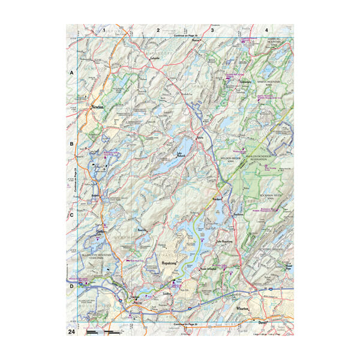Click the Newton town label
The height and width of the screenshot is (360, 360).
[97, 107]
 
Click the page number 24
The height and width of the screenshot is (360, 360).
[71, 331]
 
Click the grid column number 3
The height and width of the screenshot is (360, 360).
[211, 29]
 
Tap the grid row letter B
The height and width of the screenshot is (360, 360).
[71, 144]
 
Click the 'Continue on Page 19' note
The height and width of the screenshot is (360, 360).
[185, 37]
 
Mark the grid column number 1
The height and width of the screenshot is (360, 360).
[104, 29]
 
